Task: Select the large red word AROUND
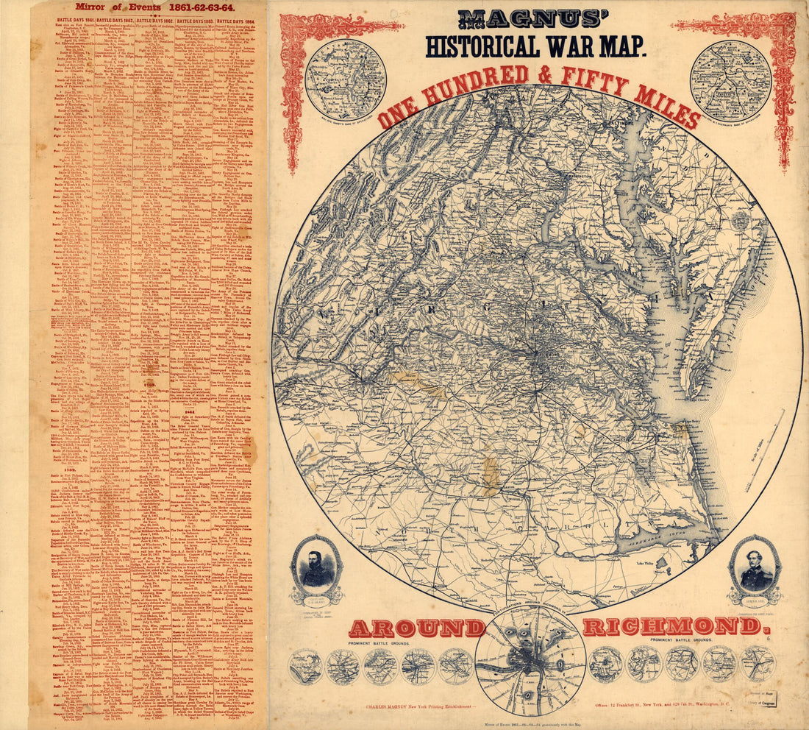[416, 628]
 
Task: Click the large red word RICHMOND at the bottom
[675, 627]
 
